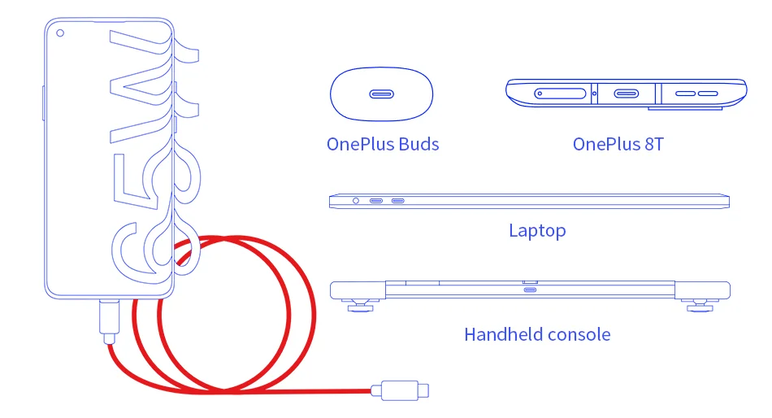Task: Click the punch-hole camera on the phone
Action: (60, 33)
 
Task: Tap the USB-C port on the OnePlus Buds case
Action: (381, 94)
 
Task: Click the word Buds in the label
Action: (419, 145)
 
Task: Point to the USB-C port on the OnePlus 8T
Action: (626, 94)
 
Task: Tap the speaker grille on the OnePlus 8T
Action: (697, 94)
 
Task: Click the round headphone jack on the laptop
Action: (355, 200)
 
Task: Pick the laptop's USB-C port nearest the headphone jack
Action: (377, 200)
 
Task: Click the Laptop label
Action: (537, 231)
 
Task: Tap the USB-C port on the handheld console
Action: (530, 290)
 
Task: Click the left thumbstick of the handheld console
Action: (358, 306)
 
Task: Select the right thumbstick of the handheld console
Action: (701, 306)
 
